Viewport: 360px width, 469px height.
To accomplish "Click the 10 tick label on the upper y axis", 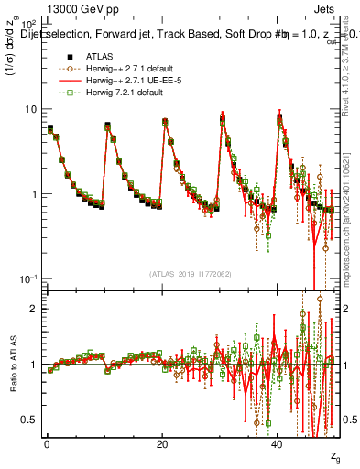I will click(x=30, y=109).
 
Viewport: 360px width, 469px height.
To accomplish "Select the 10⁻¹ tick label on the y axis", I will click(x=27, y=278).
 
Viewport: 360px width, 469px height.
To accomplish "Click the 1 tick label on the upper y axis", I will click(x=34, y=194).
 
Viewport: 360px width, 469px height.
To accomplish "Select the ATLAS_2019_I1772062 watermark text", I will click(x=191, y=274).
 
